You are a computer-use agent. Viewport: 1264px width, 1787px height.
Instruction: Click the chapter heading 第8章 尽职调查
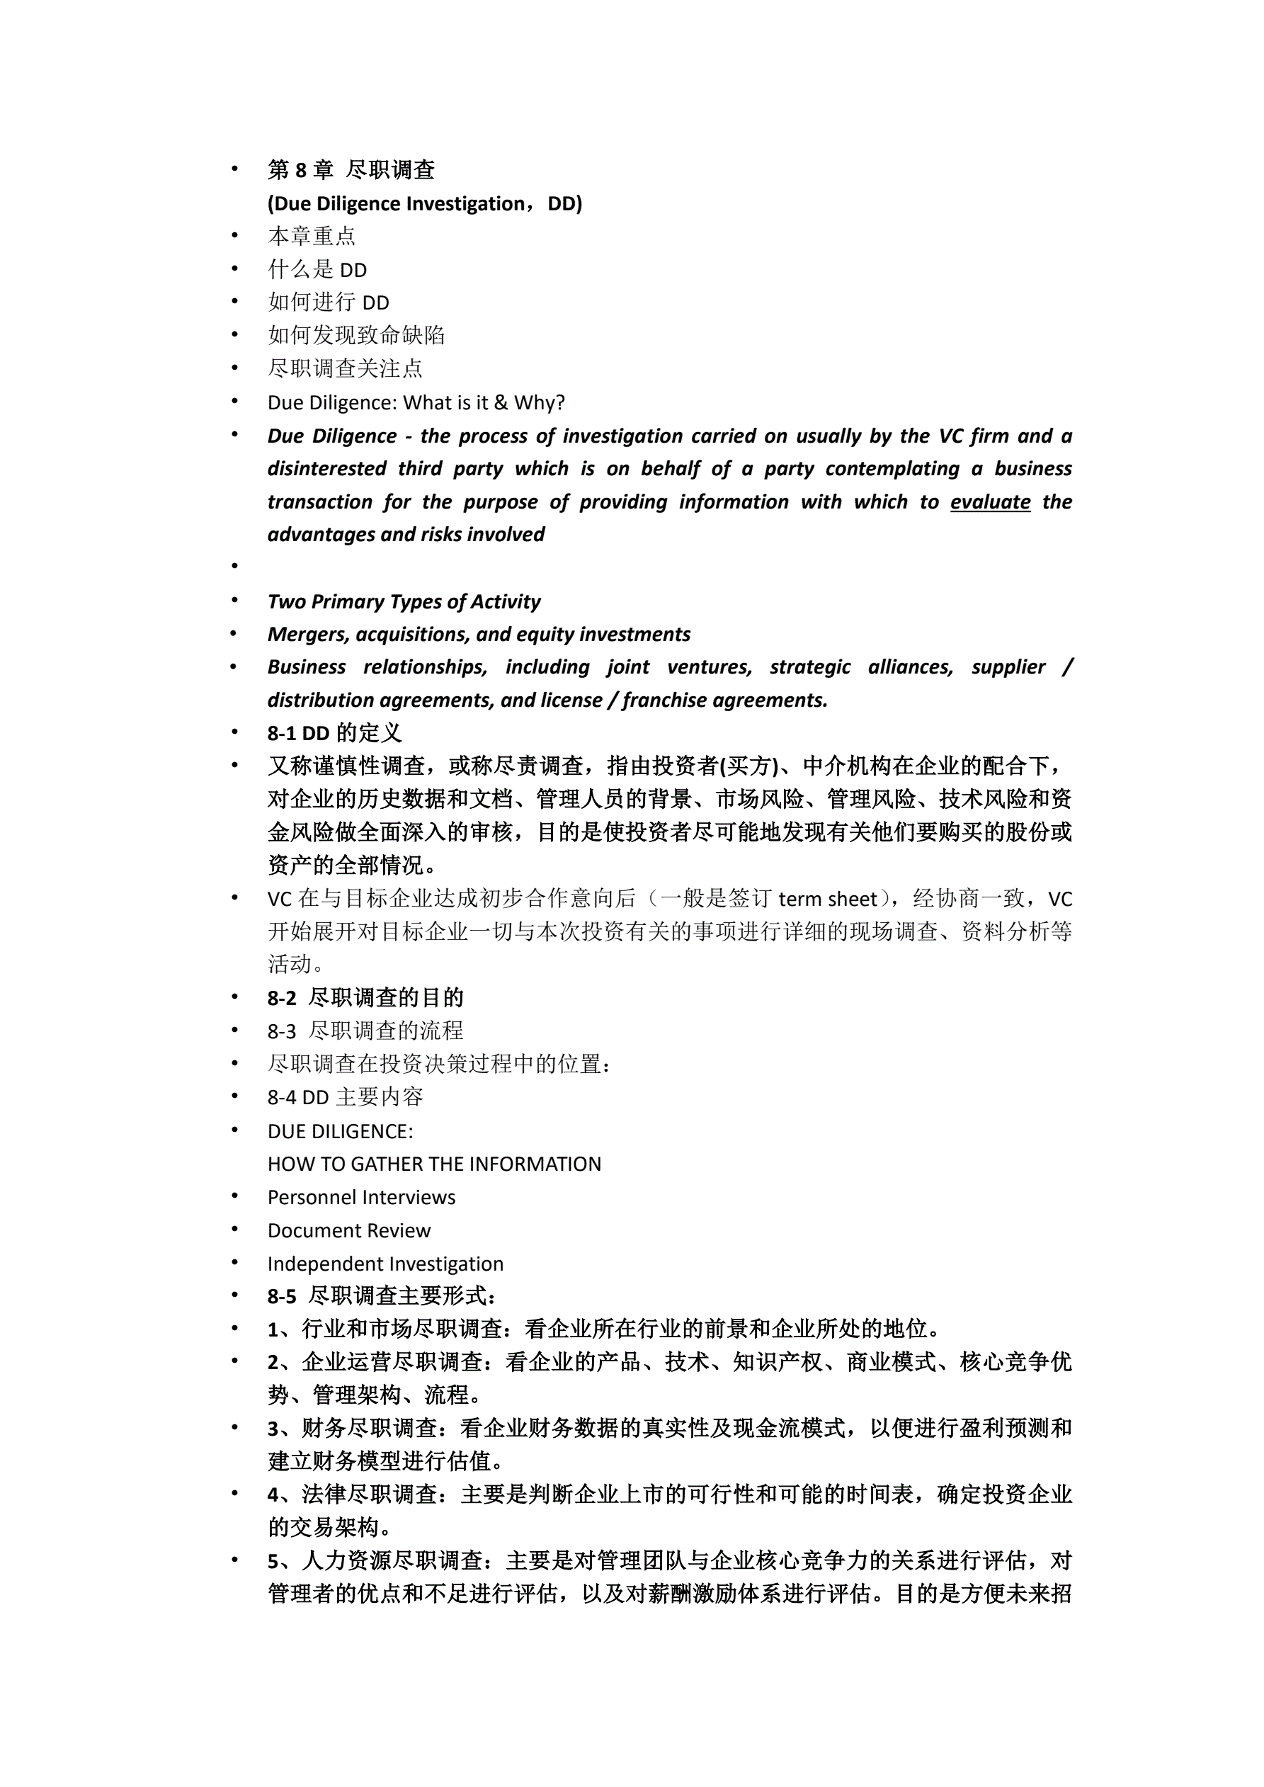click(x=351, y=170)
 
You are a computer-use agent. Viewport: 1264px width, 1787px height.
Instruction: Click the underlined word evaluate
click(x=990, y=502)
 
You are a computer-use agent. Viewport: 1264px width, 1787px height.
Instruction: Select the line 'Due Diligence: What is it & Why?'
click(x=416, y=402)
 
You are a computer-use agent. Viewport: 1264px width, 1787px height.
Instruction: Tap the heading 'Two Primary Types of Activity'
click(x=403, y=601)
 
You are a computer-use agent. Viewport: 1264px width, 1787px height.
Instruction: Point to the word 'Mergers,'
click(x=308, y=635)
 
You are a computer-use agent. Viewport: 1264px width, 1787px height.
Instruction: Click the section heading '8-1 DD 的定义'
click(x=334, y=732)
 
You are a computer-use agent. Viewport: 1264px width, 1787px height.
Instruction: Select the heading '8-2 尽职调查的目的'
click(x=365, y=998)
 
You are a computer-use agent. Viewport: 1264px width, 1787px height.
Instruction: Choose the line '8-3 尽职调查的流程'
click(x=365, y=1031)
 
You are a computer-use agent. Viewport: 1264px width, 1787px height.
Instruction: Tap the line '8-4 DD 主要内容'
click(x=345, y=1097)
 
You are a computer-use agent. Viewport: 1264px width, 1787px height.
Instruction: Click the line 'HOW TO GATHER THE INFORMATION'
click(x=434, y=1164)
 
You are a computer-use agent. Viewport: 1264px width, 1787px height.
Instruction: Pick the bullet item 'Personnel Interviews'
click(x=361, y=1197)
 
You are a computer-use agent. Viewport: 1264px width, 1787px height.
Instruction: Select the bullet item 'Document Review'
click(x=348, y=1230)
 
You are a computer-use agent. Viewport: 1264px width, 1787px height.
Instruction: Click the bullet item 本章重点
click(x=312, y=236)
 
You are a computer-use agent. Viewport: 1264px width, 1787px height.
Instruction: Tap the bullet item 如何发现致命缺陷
click(x=355, y=336)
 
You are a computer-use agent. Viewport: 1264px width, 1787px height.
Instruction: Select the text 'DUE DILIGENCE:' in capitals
click(x=340, y=1131)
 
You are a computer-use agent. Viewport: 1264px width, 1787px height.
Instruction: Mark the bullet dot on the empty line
click(x=234, y=566)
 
